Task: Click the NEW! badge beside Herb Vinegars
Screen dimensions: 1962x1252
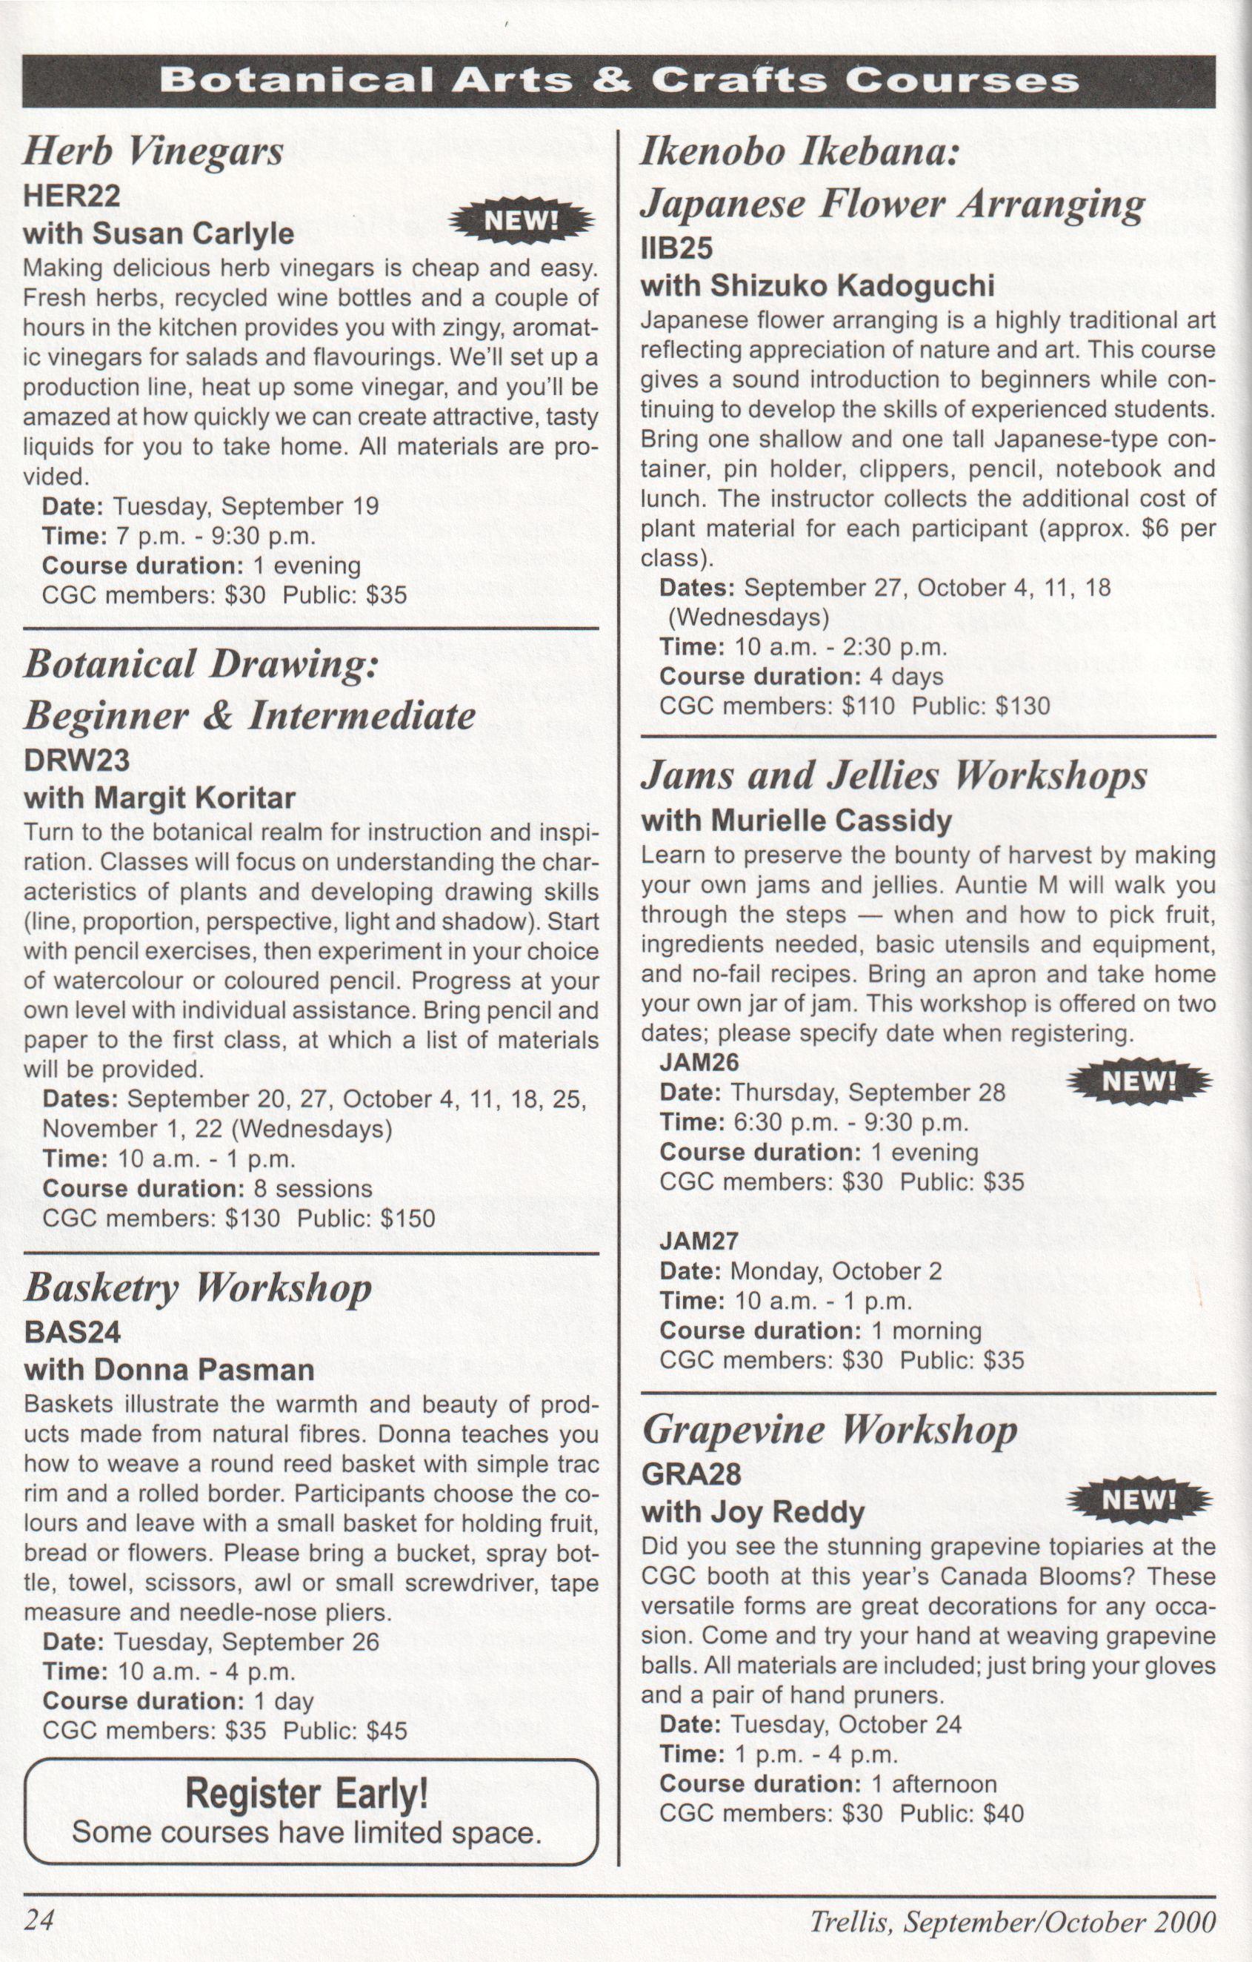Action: tap(522, 220)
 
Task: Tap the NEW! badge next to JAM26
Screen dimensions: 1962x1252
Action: tap(1139, 1081)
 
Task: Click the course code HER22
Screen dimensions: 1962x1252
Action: tap(73, 196)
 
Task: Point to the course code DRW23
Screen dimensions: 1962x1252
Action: tap(76, 760)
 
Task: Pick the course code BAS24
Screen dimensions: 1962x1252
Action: tap(73, 1332)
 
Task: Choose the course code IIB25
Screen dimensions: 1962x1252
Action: tap(677, 248)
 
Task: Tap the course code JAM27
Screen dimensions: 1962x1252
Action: tap(699, 1241)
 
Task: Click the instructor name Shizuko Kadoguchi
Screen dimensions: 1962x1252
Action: tap(852, 286)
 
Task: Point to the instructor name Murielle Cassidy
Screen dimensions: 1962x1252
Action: tap(831, 821)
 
